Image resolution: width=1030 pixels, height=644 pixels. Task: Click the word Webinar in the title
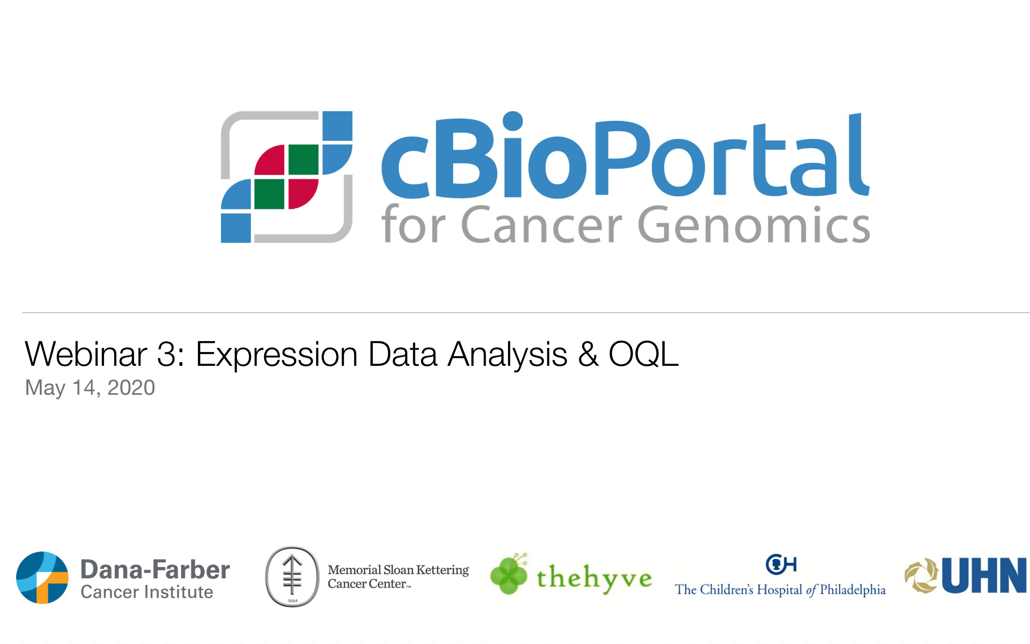click(85, 354)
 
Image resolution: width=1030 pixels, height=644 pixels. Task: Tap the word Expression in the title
click(276, 354)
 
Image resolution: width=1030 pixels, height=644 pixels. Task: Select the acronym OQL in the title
click(643, 354)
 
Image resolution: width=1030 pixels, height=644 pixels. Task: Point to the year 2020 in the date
click(131, 388)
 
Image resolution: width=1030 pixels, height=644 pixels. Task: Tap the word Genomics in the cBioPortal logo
click(754, 225)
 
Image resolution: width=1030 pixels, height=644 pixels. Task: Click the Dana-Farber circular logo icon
click(42, 578)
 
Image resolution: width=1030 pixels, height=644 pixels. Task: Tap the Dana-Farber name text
click(155, 570)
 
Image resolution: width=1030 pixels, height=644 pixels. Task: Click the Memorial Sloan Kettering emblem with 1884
click(292, 576)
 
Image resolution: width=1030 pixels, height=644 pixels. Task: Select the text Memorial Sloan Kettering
click(398, 570)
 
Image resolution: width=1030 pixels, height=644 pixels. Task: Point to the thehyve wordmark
click(594, 578)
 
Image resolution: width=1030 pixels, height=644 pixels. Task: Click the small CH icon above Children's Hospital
click(780, 565)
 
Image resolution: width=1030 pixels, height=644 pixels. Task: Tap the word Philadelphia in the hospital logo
click(853, 590)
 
